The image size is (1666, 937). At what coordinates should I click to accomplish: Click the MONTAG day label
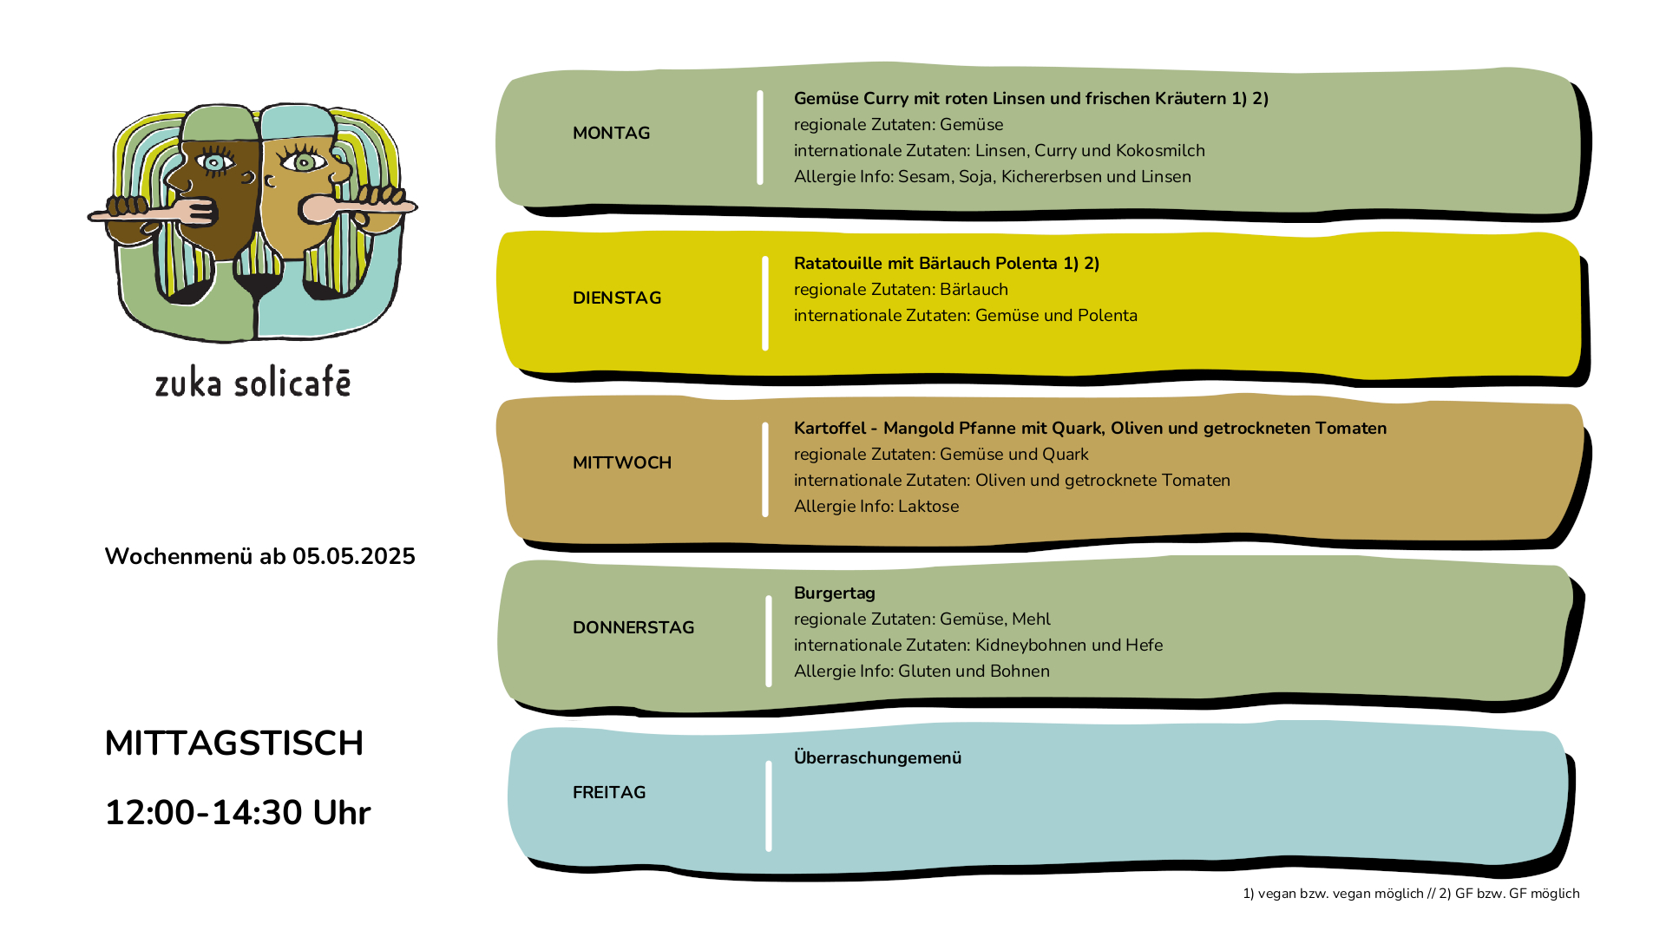click(611, 133)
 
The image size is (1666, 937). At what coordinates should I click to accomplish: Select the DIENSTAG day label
click(617, 298)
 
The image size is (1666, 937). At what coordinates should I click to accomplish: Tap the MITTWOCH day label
click(622, 462)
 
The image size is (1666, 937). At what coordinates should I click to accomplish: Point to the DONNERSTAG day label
click(633, 627)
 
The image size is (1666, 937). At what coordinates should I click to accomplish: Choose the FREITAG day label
click(609, 792)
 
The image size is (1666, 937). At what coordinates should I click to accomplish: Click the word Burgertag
click(835, 593)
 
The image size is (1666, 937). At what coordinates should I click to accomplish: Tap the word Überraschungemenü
click(877, 757)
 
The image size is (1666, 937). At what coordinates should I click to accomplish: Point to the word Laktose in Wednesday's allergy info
click(928, 506)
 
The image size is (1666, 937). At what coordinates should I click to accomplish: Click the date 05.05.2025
click(354, 556)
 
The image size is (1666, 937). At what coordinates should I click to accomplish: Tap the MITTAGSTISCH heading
click(234, 743)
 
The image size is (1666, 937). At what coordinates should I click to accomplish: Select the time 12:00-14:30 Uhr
click(238, 813)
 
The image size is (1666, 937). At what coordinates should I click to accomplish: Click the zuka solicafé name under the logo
click(253, 383)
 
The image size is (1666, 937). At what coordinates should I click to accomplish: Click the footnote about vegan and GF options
click(1411, 894)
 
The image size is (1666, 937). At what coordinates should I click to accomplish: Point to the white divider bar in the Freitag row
click(769, 806)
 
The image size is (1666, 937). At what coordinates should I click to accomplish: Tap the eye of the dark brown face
click(214, 162)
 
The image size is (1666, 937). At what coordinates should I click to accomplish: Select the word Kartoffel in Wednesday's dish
click(830, 428)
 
